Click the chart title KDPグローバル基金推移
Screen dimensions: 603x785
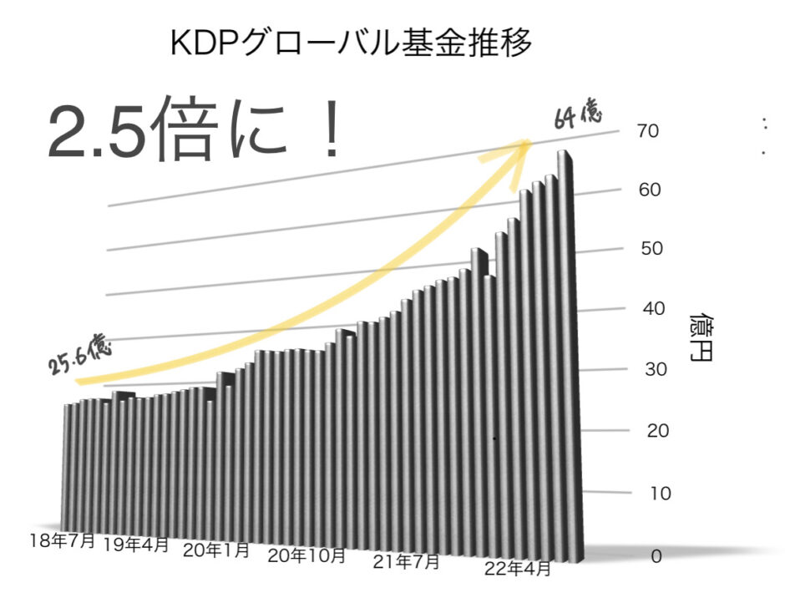[x=351, y=43]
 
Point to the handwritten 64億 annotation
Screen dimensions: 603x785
[x=579, y=115]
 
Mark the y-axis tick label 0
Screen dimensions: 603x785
[x=656, y=556]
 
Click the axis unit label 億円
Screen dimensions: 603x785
[x=700, y=340]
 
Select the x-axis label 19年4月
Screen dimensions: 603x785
[x=136, y=545]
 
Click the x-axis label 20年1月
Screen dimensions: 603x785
[x=215, y=550]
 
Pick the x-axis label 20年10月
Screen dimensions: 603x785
[x=306, y=555]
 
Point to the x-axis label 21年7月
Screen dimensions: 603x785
[x=406, y=561]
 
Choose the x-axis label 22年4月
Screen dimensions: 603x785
[x=519, y=570]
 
